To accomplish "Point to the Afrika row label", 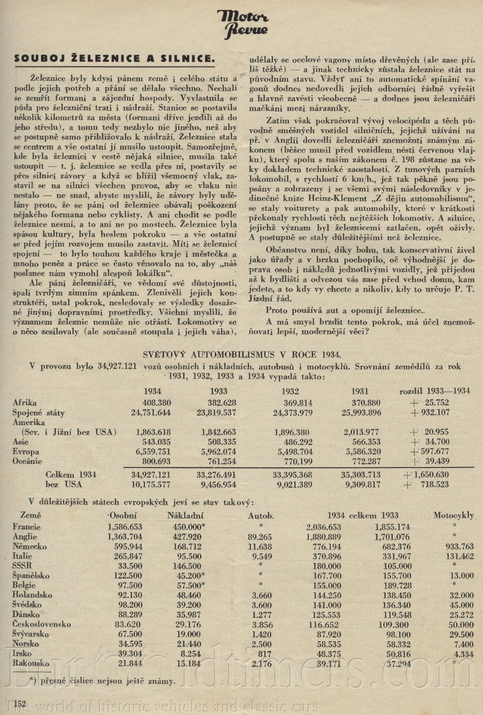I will pos(25,403).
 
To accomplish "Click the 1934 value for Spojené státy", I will pos(151,413).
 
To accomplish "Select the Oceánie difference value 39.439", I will pos(437,461).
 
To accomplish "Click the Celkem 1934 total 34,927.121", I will pos(151,474).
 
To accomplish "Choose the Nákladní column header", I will pos(185,515).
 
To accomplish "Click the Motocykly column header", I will pos(454,515).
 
